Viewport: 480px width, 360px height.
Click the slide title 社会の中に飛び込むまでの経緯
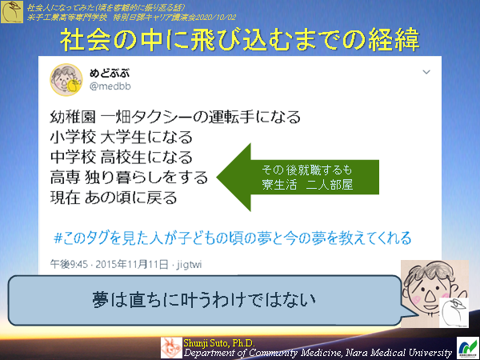(x=240, y=40)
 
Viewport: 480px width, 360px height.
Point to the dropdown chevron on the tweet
(x=426, y=72)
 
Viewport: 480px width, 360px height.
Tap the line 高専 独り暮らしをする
(x=128, y=176)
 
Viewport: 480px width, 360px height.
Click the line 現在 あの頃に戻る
(x=113, y=195)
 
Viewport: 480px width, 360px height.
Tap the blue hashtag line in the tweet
(x=231, y=238)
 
